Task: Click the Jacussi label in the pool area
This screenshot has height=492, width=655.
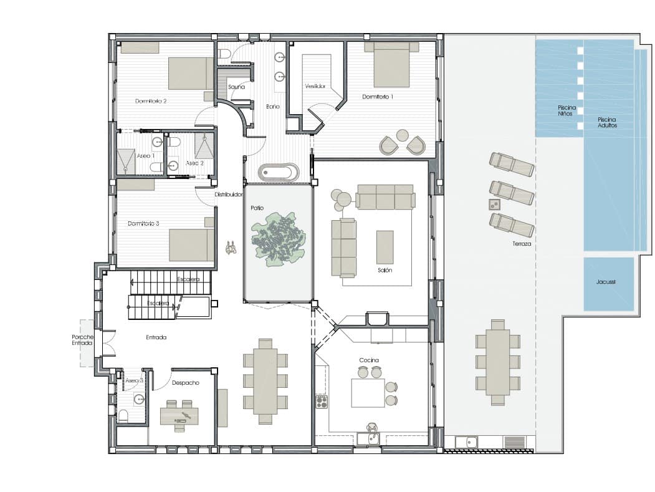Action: [x=605, y=282]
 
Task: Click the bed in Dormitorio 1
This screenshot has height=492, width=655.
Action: [x=391, y=65]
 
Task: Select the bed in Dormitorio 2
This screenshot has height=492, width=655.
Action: [x=191, y=74]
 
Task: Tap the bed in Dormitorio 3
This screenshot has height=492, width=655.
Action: [x=191, y=244]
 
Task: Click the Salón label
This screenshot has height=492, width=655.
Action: [x=385, y=270]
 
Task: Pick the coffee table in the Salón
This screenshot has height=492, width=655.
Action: [x=385, y=247]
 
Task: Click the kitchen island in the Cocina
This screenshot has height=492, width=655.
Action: [x=368, y=393]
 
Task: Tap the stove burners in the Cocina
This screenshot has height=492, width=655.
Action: [x=322, y=401]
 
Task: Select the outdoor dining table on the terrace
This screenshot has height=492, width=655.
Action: [x=497, y=362]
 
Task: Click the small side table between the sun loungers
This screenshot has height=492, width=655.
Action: [x=494, y=205]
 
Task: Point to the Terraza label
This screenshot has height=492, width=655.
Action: [x=522, y=244]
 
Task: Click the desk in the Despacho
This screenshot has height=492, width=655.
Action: [x=179, y=415]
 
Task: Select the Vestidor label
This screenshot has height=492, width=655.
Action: [x=315, y=86]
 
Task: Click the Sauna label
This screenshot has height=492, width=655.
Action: [x=237, y=87]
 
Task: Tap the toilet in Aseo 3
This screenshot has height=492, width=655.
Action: [x=123, y=415]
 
